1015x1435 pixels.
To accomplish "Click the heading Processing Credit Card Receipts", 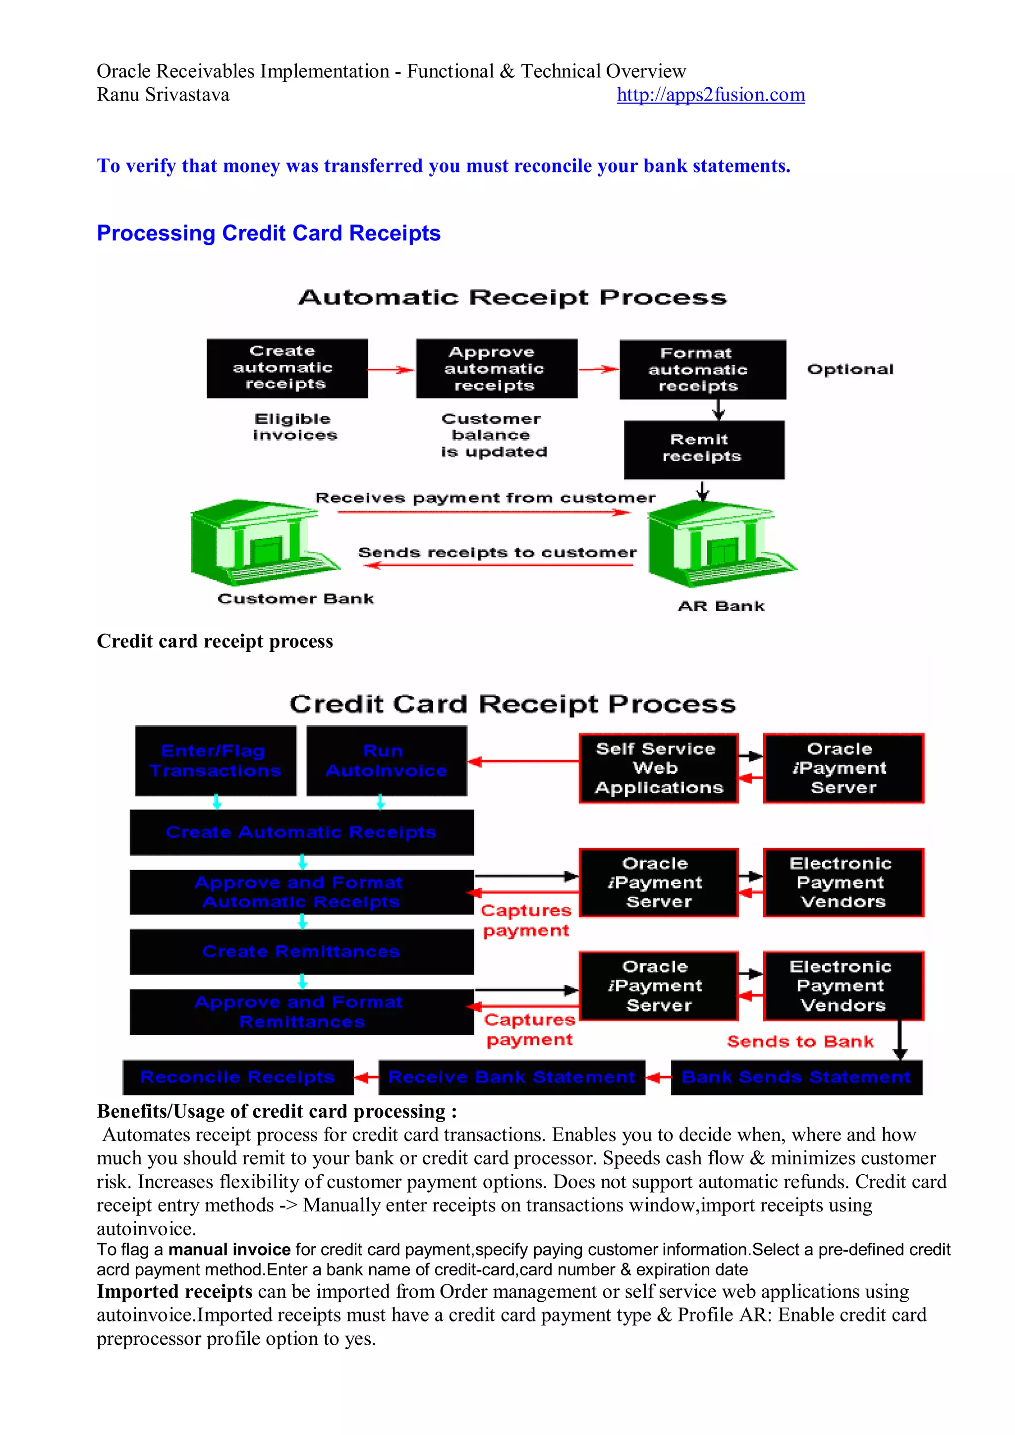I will tap(268, 233).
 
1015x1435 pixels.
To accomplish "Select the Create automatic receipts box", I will tap(287, 368).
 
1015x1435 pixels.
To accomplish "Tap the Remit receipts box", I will tap(704, 449).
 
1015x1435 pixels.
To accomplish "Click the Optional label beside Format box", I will tap(850, 369).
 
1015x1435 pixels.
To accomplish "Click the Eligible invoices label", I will tap(294, 427).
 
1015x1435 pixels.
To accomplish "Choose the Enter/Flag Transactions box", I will tap(216, 761).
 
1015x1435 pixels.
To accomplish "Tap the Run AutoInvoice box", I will tap(386, 761).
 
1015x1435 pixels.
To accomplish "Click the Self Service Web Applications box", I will tap(658, 768).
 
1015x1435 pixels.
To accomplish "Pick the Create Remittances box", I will tap(301, 951).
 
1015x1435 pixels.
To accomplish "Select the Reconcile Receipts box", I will tap(238, 1077).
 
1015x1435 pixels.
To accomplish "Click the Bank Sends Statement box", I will tap(795, 1077).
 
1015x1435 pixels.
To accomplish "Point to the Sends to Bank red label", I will tap(800, 1041).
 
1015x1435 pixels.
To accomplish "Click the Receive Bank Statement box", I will tap(511, 1077).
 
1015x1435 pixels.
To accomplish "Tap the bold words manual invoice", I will tap(229, 1250).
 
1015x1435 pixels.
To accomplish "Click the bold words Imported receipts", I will tap(174, 1291).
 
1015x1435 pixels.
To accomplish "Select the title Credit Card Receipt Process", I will tap(512, 704).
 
